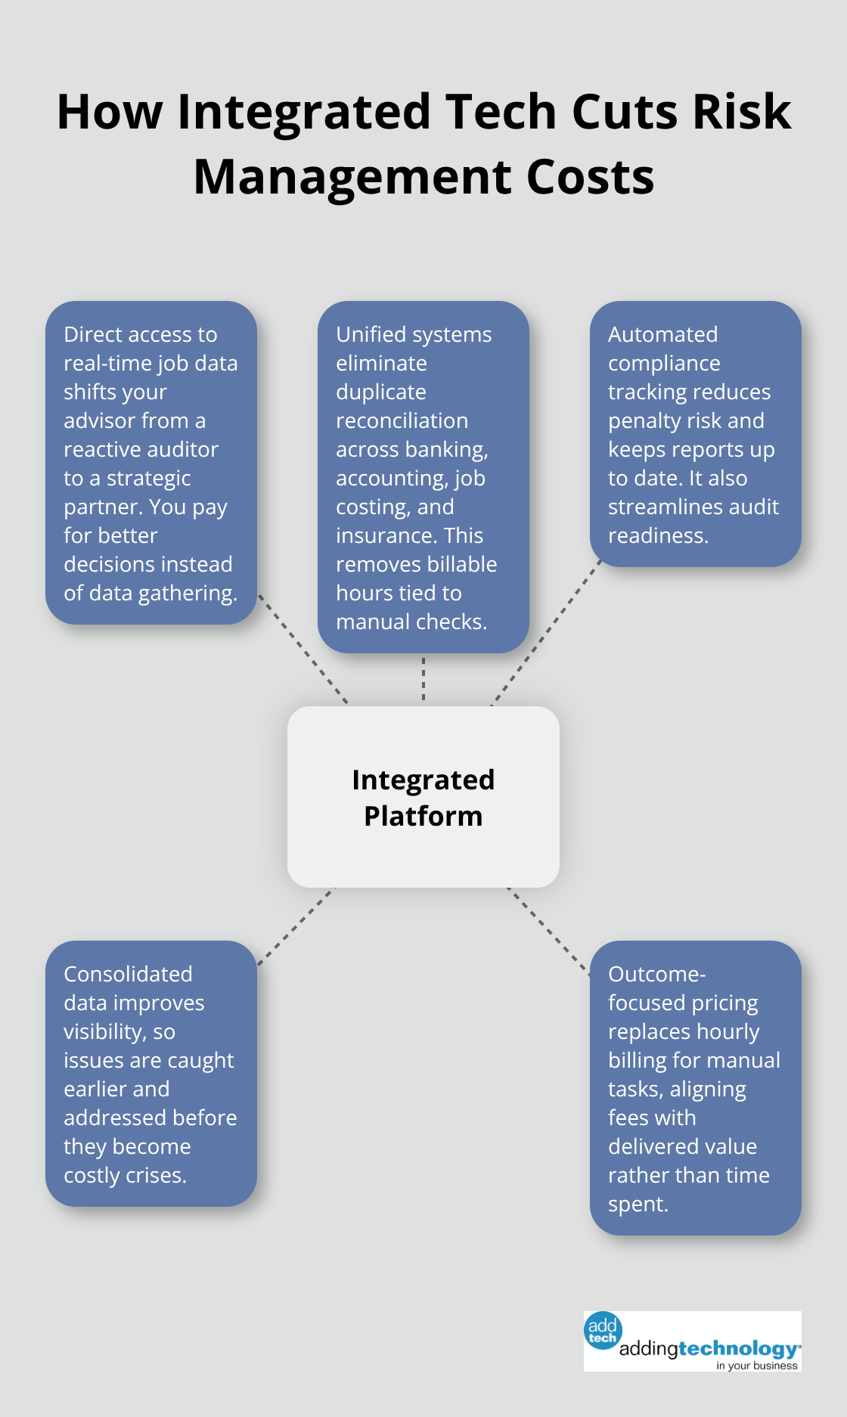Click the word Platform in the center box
click(x=423, y=817)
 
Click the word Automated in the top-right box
click(x=662, y=334)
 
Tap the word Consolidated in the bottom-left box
click(x=128, y=974)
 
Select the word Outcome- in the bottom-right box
click(x=656, y=974)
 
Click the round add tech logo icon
click(x=603, y=1331)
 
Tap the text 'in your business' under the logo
click(x=756, y=1366)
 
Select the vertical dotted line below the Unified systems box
click(x=423, y=679)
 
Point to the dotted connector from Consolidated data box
click(x=296, y=926)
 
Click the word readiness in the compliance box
click(x=656, y=535)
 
